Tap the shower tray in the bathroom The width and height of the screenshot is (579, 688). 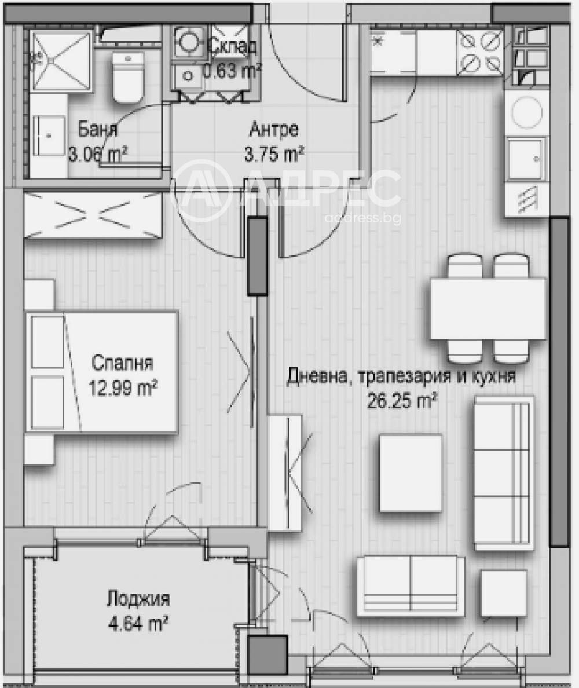pyautogui.click(x=61, y=61)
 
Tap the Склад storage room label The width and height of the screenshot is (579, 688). pyautogui.click(x=232, y=46)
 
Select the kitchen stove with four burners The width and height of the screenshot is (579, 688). pyautogui.click(x=481, y=52)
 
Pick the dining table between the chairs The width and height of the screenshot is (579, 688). pyautogui.click(x=487, y=309)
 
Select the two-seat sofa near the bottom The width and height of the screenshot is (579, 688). pyautogui.click(x=410, y=585)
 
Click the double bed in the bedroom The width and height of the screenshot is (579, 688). pyautogui.click(x=101, y=372)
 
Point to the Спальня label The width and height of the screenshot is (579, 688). pyautogui.click(x=122, y=364)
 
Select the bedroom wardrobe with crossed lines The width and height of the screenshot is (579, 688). pyautogui.click(x=93, y=214)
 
